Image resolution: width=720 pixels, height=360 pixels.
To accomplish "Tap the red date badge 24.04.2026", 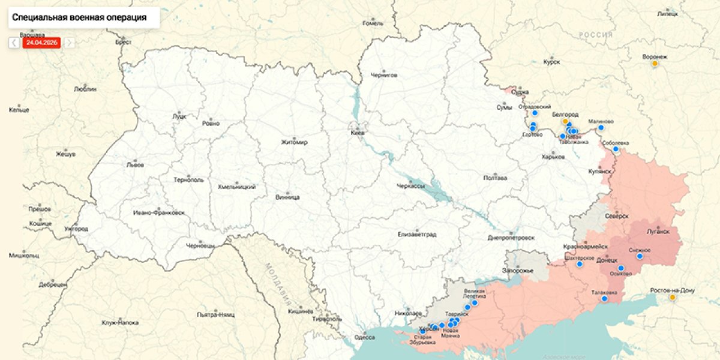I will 41,43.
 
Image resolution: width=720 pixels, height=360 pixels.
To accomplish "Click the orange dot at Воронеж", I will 655,64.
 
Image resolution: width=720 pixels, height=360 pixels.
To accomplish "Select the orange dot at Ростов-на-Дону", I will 672,297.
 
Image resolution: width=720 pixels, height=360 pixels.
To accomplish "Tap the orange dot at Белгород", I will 565,121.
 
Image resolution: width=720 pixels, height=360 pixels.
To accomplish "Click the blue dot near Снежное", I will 639,256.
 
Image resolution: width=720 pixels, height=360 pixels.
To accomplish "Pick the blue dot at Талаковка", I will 605,298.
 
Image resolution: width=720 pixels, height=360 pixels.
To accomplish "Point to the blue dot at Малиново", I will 601,127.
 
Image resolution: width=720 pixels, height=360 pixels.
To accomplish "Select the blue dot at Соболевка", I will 616,149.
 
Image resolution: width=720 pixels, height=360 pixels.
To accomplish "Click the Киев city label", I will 358,133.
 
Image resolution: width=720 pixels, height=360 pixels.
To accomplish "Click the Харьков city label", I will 553,157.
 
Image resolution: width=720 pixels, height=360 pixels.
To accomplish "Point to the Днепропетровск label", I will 511,238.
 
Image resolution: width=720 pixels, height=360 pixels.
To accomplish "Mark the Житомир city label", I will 294,142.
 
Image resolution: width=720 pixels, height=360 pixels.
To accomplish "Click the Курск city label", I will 551,62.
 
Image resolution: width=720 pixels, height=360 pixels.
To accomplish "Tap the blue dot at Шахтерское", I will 580,264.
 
